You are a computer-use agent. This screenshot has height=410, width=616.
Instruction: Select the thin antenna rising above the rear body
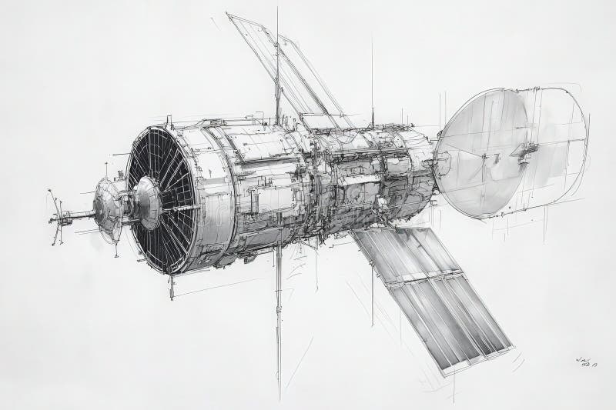[372, 85]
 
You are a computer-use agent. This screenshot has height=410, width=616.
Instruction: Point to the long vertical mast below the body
[279, 323]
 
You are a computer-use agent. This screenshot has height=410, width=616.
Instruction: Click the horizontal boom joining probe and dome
[77, 215]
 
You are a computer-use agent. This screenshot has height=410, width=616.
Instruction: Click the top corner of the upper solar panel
[230, 15]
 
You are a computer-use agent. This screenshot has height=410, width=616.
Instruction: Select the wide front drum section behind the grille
[223, 192]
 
